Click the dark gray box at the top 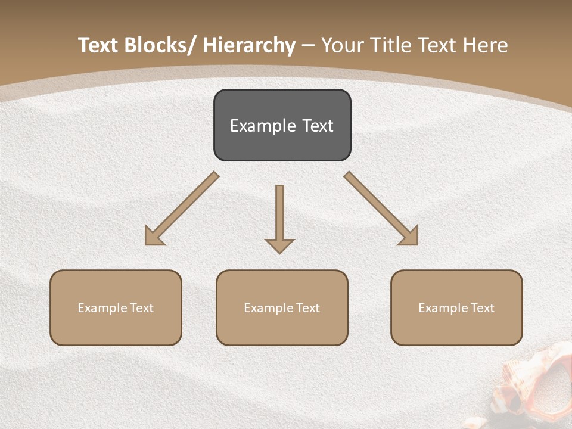click(282, 125)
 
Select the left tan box click(116, 307)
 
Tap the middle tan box click(282, 307)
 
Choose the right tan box click(456, 307)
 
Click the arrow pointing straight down click(279, 217)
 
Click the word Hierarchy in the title click(249, 46)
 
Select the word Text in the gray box click(318, 126)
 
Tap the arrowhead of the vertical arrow click(279, 245)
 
